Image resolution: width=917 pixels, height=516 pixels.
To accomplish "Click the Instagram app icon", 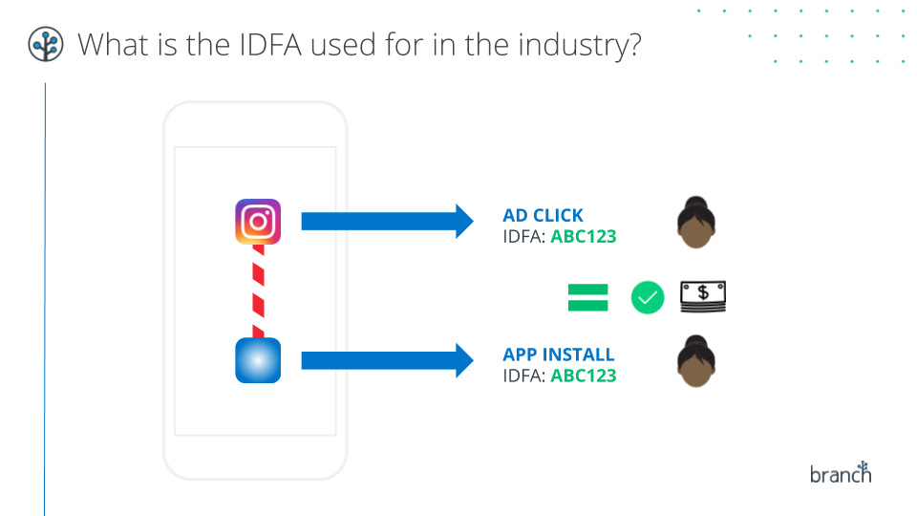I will (x=258, y=222).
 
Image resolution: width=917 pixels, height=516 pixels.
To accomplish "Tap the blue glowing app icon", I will (x=258, y=361).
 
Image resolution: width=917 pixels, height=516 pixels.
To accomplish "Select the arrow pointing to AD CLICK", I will (x=387, y=222).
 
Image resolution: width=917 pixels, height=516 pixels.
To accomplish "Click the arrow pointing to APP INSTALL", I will (x=387, y=361).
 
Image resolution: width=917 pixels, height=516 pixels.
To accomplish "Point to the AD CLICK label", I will (x=543, y=215).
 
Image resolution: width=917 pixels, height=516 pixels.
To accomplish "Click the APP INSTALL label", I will (x=559, y=355).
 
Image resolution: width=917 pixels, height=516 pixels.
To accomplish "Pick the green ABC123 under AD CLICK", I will (x=584, y=235).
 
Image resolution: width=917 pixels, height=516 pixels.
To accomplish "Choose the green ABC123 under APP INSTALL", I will (x=584, y=376).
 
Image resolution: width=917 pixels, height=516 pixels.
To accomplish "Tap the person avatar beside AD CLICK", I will (x=696, y=223).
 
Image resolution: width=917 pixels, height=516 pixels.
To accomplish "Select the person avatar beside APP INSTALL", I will (x=696, y=361).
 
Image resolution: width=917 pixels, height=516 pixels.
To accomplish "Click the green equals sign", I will (x=588, y=298).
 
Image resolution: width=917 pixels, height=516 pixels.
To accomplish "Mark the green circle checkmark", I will (x=648, y=298).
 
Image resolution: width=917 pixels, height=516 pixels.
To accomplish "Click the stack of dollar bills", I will (x=702, y=297).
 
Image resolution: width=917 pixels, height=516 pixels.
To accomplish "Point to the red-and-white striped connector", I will (x=258, y=290).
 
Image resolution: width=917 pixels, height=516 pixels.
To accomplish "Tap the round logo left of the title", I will (x=46, y=44).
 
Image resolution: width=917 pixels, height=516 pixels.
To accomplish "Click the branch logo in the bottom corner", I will (x=841, y=472).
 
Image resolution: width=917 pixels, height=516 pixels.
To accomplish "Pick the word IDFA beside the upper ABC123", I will (x=523, y=235).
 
